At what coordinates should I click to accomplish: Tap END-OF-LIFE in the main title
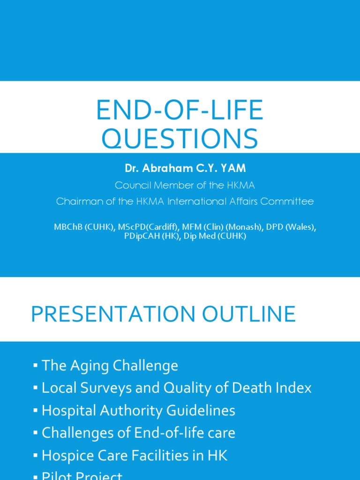[x=180, y=111]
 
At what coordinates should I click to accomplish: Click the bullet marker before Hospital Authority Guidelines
[x=36, y=411]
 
